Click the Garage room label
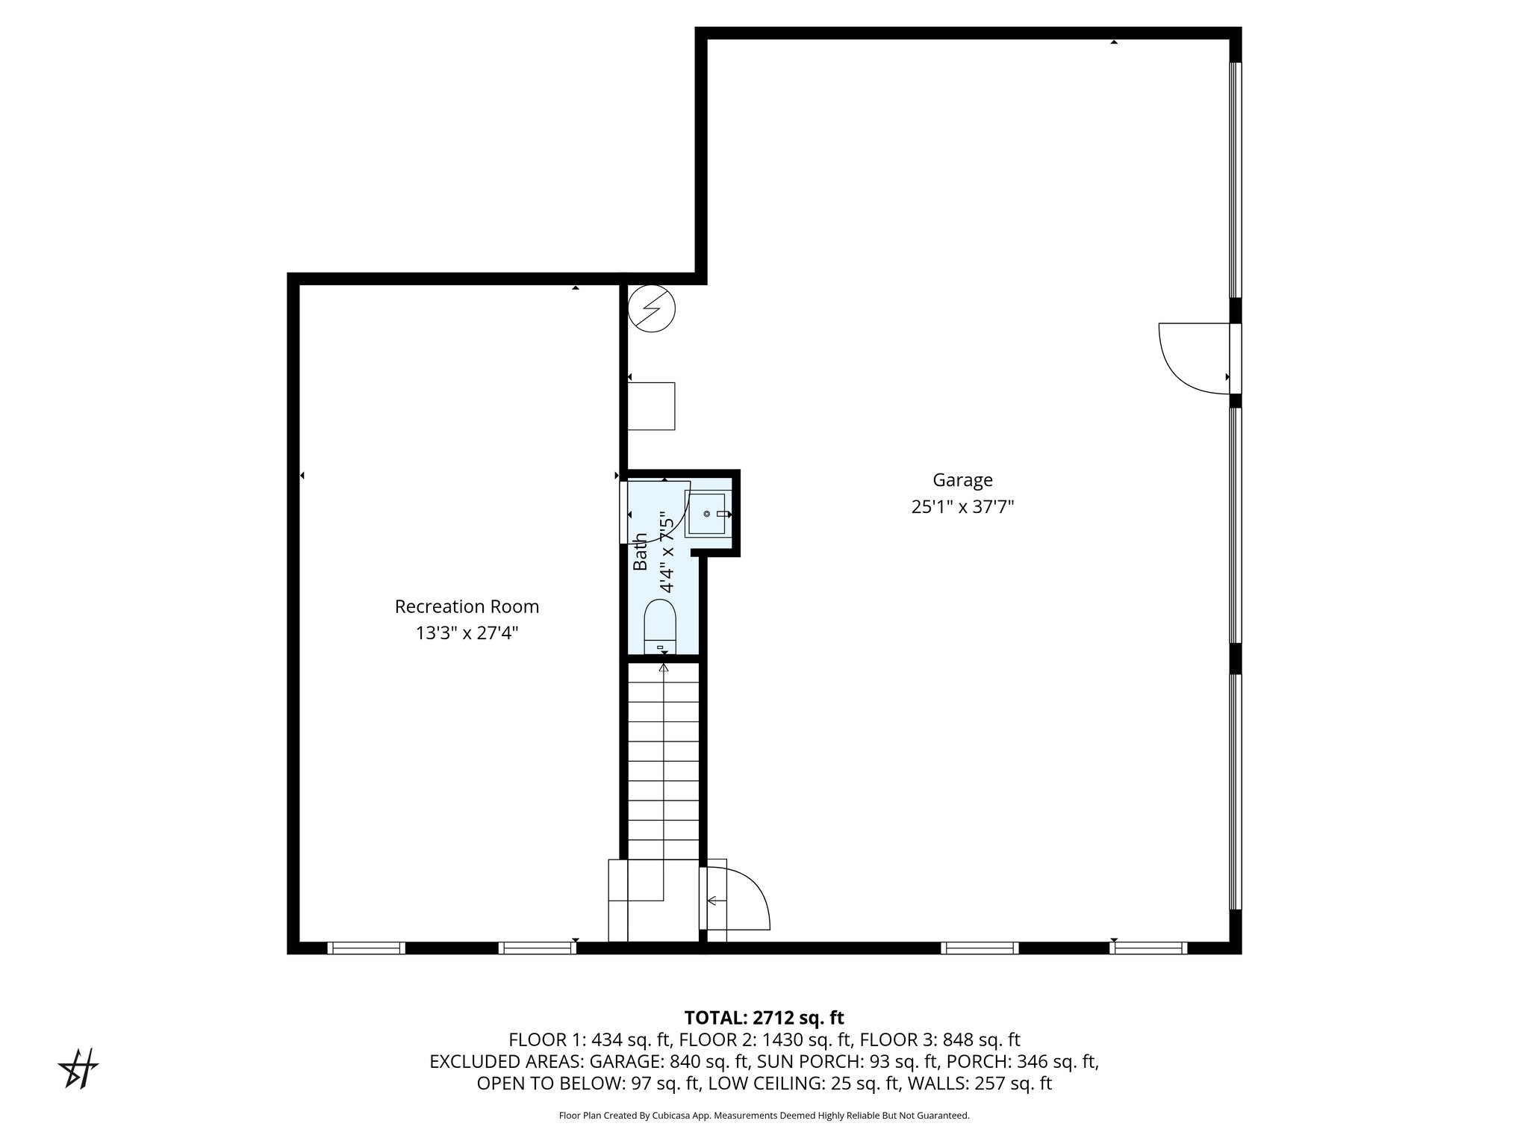pyautogui.click(x=962, y=480)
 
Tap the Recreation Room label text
pyautogui.click(x=467, y=607)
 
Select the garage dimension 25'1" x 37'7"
pyautogui.click(x=962, y=507)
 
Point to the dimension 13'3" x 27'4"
pyautogui.click(x=467, y=633)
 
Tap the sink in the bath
pyautogui.click(x=706, y=514)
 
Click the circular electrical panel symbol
pyautogui.click(x=651, y=308)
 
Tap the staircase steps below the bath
pyautogui.click(x=663, y=762)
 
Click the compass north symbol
pyautogui.click(x=79, y=1069)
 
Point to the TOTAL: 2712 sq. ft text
pyautogui.click(x=764, y=1018)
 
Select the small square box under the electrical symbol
pyautogui.click(x=651, y=405)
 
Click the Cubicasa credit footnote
pyautogui.click(x=764, y=1116)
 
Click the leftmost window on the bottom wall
pyautogui.click(x=366, y=948)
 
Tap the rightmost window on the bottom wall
pyautogui.click(x=1147, y=948)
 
